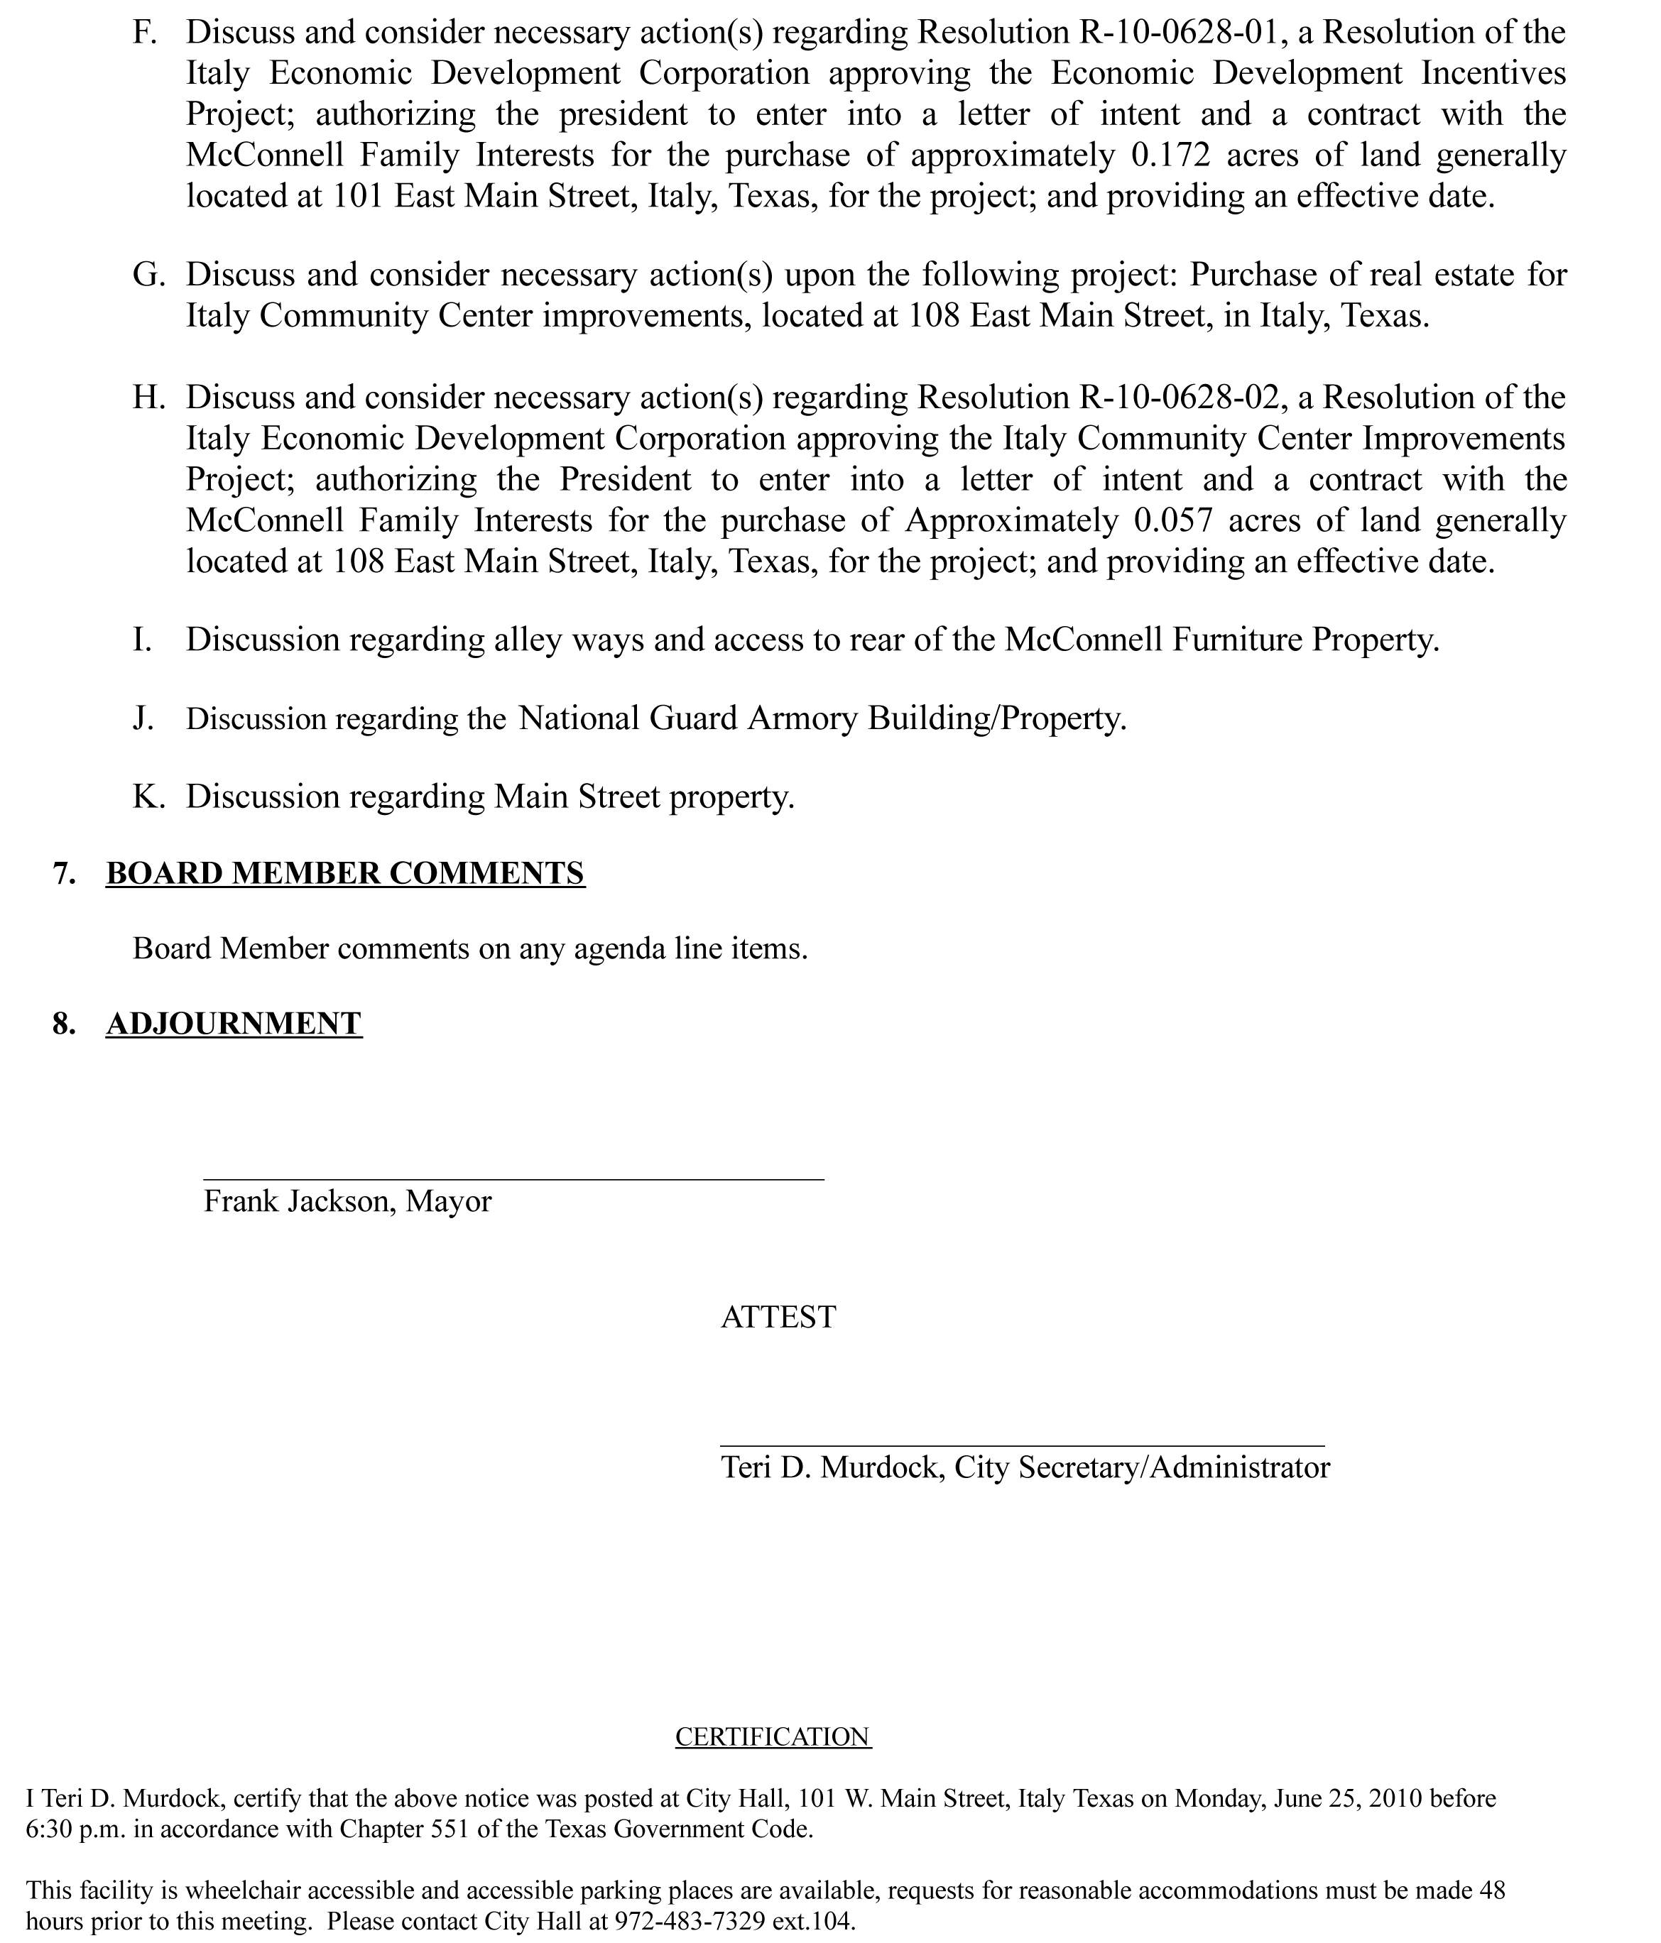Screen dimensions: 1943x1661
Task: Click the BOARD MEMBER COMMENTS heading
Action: coord(345,873)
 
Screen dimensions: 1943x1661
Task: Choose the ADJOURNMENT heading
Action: coord(234,1023)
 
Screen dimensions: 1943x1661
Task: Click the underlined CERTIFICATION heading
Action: coord(773,1736)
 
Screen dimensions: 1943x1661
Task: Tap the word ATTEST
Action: coord(778,1317)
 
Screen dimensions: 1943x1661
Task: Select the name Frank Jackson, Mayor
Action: coord(347,1201)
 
